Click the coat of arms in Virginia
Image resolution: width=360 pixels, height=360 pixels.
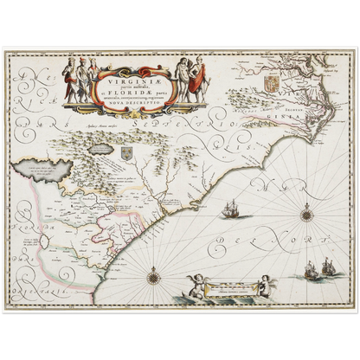246,89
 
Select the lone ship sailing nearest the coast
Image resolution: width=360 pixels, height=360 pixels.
230,210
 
